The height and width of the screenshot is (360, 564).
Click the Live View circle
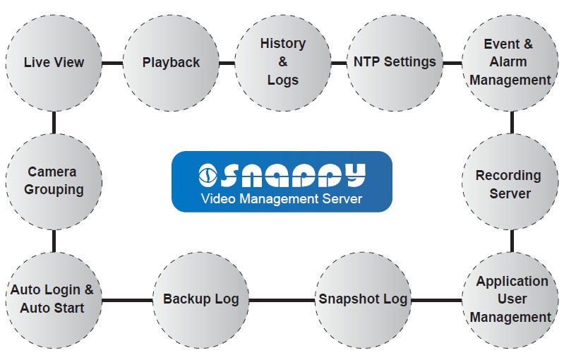point(54,63)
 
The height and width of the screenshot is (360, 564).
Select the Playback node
point(171,63)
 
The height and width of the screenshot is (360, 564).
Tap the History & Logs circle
point(283,63)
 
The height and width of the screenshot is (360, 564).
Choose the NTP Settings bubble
point(395,63)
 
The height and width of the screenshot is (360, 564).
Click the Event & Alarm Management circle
point(510,63)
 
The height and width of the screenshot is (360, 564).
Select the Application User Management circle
point(510,299)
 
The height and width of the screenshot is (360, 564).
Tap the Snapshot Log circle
point(362,299)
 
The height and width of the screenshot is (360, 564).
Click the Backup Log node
point(201,299)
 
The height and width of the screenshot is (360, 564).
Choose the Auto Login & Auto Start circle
point(52,299)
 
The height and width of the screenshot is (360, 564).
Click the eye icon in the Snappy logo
point(208,174)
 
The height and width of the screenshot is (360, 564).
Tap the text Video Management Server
point(282,198)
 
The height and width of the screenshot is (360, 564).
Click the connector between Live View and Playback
point(112,63)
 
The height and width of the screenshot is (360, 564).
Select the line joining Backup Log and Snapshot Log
point(282,299)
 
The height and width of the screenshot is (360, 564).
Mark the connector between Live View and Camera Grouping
point(54,122)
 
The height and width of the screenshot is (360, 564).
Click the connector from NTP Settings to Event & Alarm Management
point(452,63)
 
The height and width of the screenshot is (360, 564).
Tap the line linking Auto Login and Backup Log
point(127,299)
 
